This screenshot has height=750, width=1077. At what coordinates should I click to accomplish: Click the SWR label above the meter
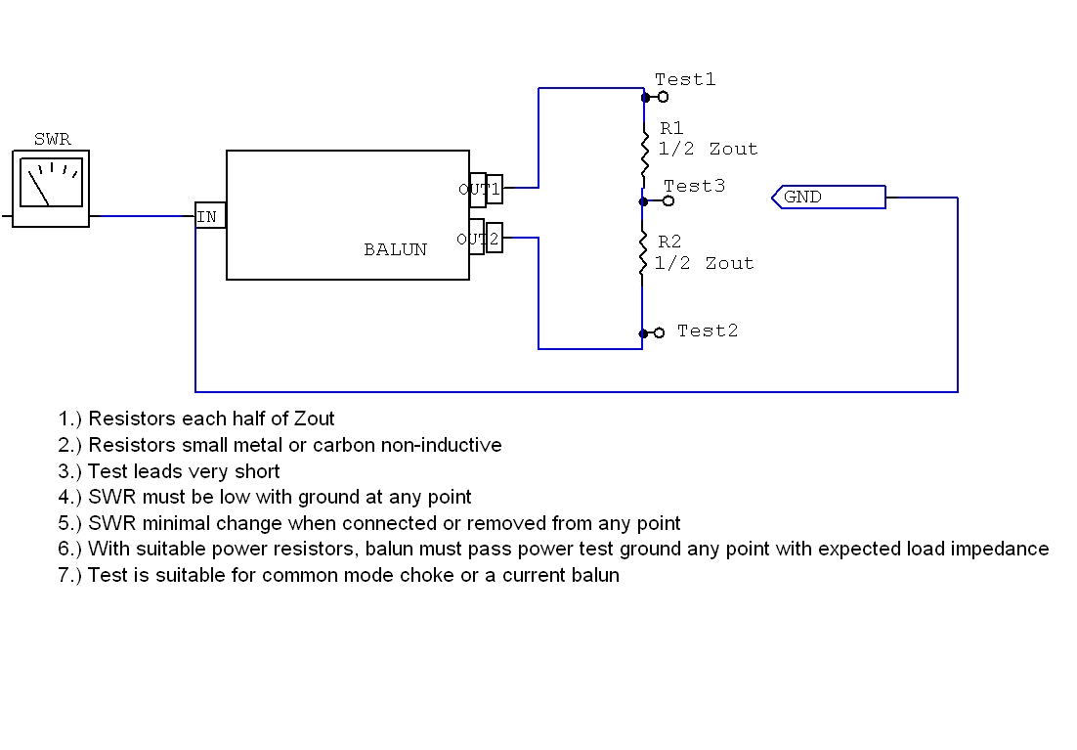53,140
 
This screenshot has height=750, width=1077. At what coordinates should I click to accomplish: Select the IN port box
209,216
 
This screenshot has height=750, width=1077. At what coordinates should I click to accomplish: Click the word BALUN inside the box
395,249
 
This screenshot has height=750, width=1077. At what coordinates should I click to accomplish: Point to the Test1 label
685,79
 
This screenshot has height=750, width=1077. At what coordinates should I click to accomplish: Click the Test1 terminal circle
663,97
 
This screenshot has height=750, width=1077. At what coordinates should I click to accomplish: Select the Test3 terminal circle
668,200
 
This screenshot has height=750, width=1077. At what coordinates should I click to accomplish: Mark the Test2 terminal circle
659,332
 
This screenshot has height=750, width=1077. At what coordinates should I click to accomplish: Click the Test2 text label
708,331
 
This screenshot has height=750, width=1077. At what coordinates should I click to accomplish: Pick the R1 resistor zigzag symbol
643,151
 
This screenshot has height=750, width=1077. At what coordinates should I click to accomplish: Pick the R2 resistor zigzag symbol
643,253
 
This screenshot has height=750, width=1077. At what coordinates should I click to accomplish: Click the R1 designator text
671,128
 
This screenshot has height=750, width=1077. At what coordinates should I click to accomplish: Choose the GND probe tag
829,198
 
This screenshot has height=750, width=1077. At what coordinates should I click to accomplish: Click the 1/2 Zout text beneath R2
704,263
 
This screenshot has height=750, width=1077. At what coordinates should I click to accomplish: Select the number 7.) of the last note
70,575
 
